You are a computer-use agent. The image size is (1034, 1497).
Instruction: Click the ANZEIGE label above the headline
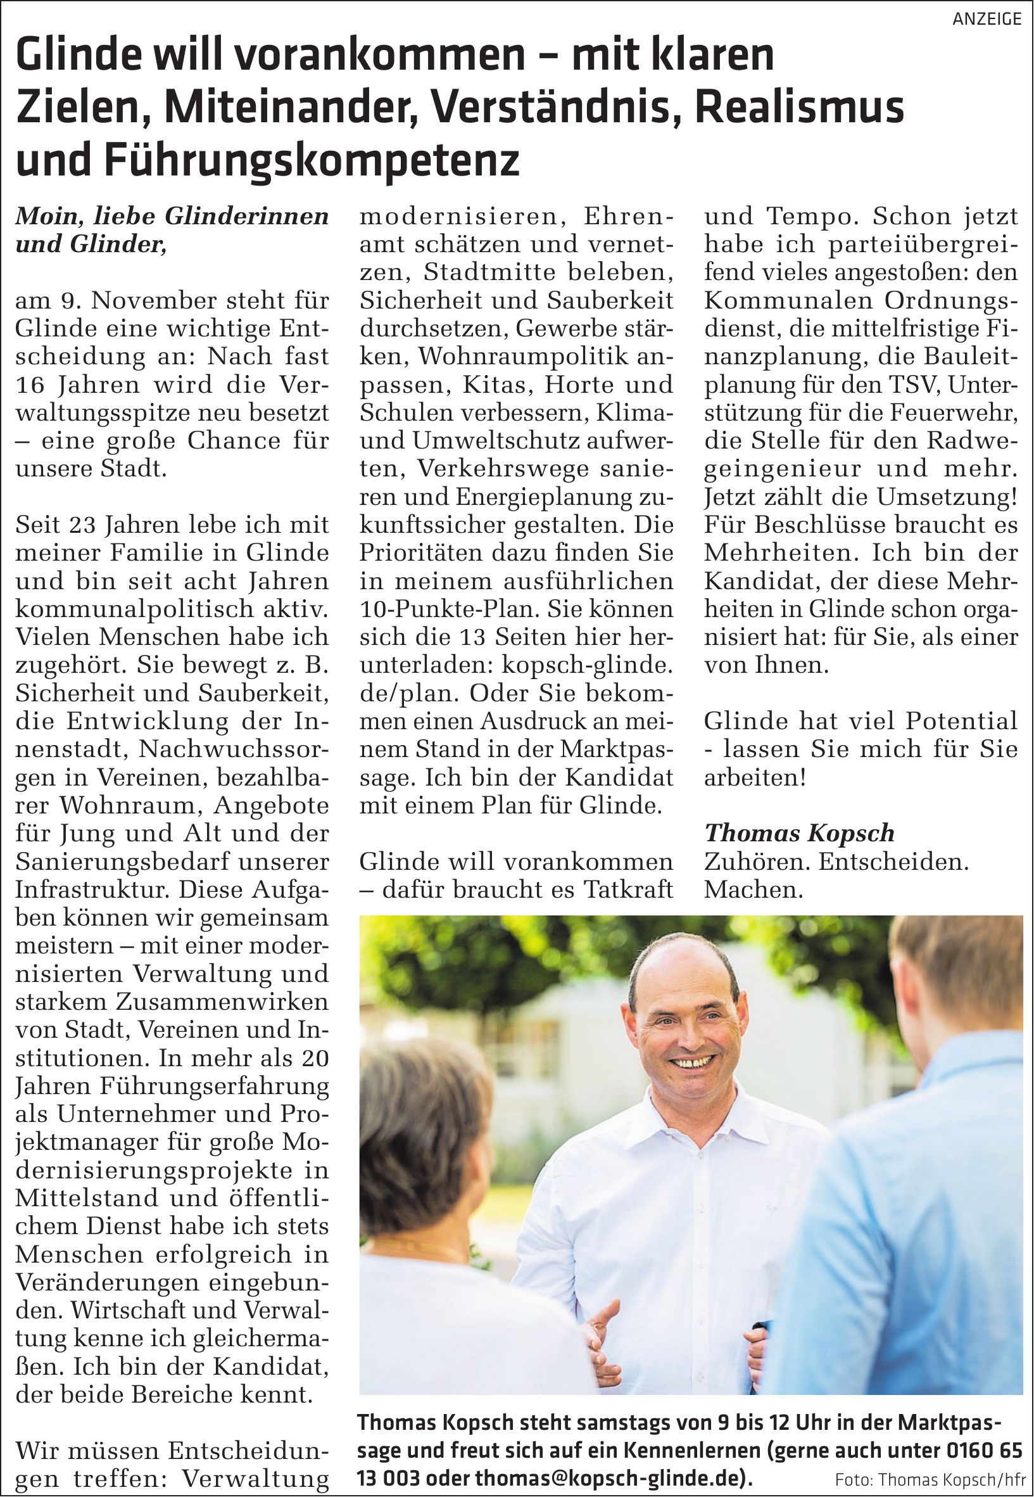[x=986, y=19]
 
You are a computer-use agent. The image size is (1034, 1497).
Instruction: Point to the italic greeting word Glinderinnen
[x=247, y=217]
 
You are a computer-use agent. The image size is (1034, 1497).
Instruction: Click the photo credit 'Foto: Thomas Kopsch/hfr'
[x=930, y=1479]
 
